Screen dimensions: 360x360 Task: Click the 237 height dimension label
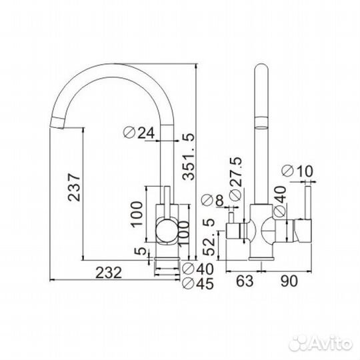(x=74, y=187)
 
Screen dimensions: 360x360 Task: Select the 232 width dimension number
(x=109, y=273)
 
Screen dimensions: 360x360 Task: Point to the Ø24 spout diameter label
(x=139, y=133)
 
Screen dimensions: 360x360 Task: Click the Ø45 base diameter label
(x=198, y=283)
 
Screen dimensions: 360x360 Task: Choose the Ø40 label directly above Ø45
(x=198, y=269)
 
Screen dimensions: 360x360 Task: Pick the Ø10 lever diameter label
(x=297, y=171)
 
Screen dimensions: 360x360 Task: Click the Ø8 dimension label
(x=213, y=200)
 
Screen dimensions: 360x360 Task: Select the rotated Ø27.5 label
(x=235, y=179)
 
